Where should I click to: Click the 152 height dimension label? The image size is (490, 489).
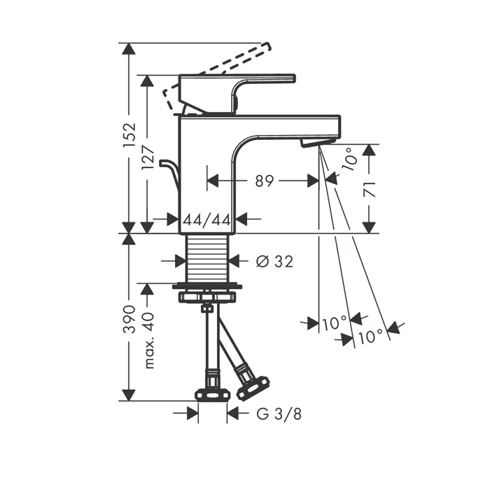point(129,135)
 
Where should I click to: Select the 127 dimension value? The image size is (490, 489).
point(148,157)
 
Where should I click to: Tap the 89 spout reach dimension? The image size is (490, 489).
point(265,180)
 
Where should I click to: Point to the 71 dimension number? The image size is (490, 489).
point(370,189)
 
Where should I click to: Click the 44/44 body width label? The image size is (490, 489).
point(207,220)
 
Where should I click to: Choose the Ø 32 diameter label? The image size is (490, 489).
point(274,262)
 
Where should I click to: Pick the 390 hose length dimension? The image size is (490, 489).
point(129,319)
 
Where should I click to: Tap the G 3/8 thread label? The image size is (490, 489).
point(279,414)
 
